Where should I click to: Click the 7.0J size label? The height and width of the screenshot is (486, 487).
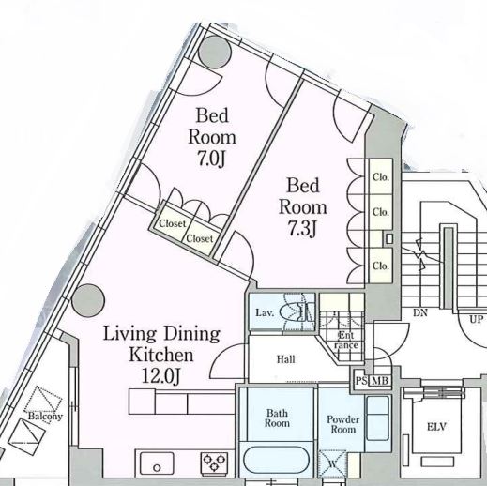(x=211, y=159)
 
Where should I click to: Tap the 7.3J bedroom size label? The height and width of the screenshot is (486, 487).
(x=302, y=229)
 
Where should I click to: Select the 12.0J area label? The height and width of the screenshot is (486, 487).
(x=160, y=376)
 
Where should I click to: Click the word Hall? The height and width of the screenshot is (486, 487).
(x=285, y=359)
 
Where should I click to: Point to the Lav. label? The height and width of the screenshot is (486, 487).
(x=265, y=312)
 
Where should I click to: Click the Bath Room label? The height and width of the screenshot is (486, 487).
(x=277, y=418)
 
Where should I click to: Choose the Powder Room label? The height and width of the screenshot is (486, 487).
(x=343, y=424)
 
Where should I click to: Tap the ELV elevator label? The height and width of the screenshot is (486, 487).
(x=436, y=427)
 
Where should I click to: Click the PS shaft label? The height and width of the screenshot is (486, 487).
(x=361, y=381)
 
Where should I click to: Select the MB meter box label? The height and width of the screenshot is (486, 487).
(x=380, y=381)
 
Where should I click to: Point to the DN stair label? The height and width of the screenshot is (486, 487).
(x=420, y=312)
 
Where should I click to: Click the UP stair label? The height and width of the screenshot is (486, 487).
(x=476, y=320)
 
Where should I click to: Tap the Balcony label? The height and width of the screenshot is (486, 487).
(x=45, y=417)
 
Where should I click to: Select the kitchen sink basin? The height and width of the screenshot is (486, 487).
(x=157, y=463)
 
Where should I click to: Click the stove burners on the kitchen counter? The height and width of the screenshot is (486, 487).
(x=214, y=463)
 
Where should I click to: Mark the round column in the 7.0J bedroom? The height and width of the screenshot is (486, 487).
(x=215, y=52)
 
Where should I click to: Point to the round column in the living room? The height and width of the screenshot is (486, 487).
(x=88, y=300)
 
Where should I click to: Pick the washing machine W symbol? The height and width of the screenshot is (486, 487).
(x=332, y=463)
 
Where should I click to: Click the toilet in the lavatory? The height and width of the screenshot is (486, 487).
(x=297, y=311)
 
